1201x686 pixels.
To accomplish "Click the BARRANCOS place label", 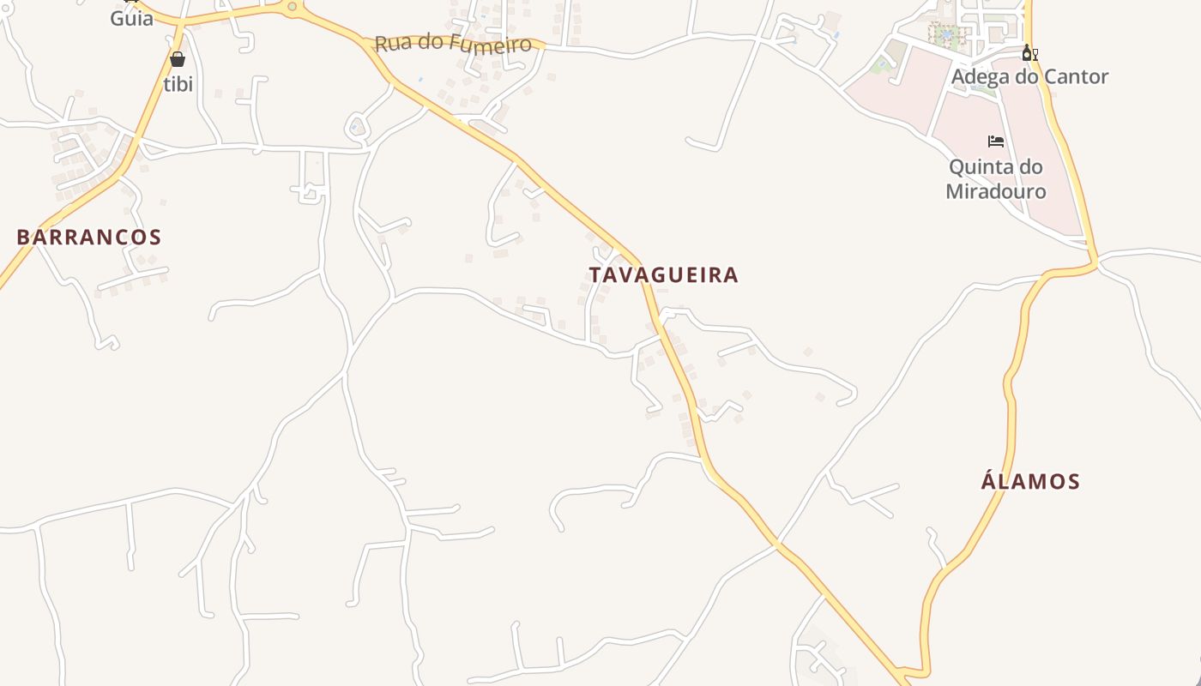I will click(88, 238).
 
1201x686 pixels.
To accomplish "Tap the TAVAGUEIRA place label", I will click(663, 275).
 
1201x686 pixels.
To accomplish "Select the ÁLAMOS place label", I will click(1030, 481).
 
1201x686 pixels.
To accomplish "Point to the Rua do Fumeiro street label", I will click(453, 42).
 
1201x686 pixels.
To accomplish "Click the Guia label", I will click(131, 18).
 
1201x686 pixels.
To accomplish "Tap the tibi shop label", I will click(178, 84).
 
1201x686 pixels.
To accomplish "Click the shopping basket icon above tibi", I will click(178, 59).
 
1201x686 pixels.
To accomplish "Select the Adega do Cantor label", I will click(1029, 77).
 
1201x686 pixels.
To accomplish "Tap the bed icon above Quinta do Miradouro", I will click(996, 141).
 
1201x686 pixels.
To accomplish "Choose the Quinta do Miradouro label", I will click(996, 178).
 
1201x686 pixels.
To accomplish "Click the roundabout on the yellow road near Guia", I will click(292, 7).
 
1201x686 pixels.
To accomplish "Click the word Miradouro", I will click(996, 190).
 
